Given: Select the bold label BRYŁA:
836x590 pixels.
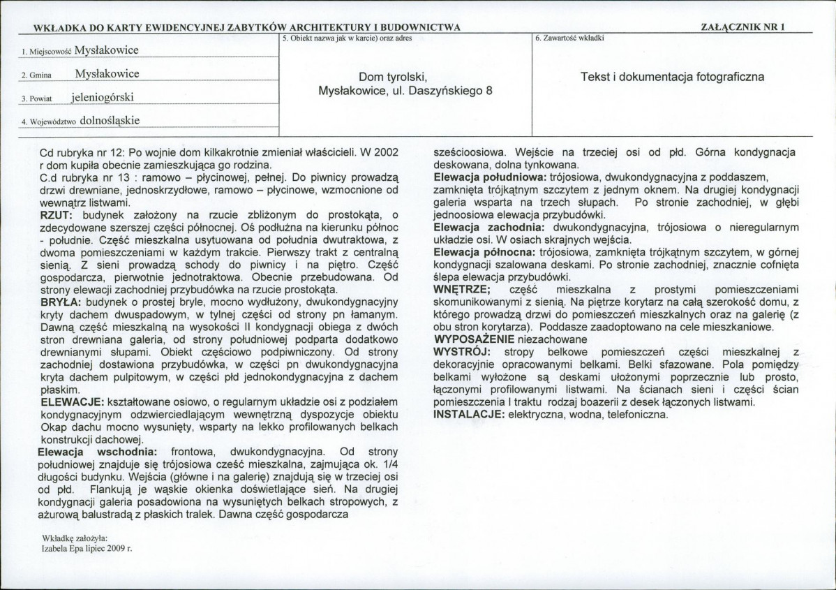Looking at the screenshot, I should coord(61,302).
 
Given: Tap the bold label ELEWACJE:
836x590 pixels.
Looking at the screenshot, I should coord(72,403).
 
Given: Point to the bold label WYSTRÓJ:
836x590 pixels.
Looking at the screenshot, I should coord(463,351).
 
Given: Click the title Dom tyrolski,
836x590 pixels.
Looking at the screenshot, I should coord(392,78).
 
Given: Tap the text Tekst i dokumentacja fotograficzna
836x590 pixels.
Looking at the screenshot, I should coord(672,76).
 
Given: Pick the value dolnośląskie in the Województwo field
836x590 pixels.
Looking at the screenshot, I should coord(110,120).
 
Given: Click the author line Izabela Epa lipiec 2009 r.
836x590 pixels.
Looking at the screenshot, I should coord(87,549).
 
